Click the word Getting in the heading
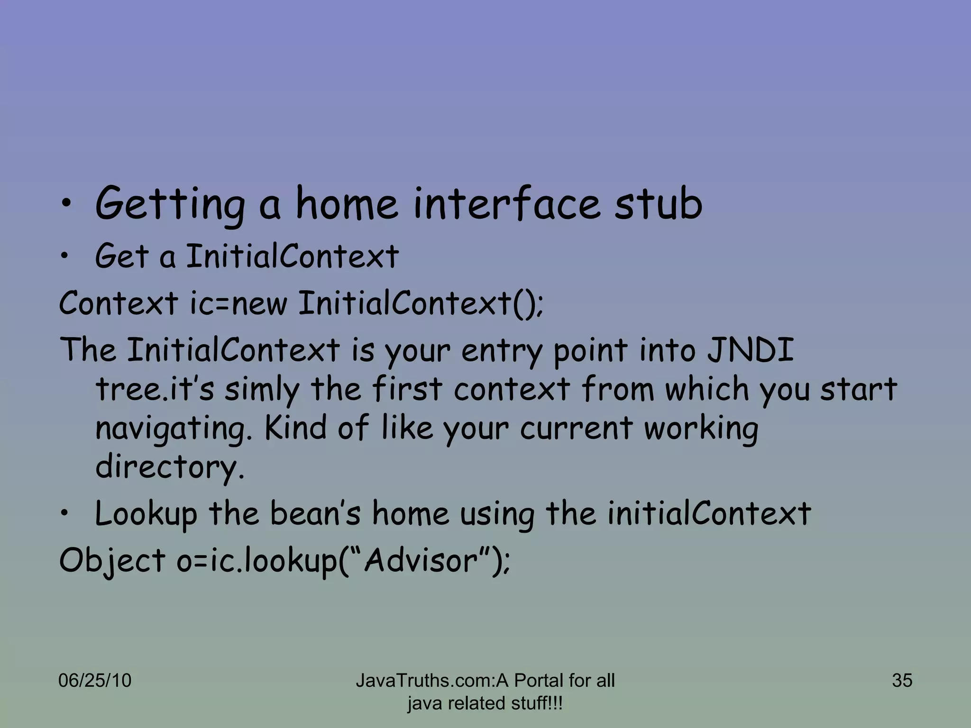pyautogui.click(x=170, y=205)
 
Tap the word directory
pyautogui.click(x=170, y=467)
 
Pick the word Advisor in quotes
pyautogui.click(x=421, y=560)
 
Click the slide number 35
pyautogui.click(x=902, y=681)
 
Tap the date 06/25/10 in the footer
pyautogui.click(x=94, y=681)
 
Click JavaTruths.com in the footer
pyautogui.click(x=425, y=681)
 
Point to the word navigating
pyautogui.click(x=174, y=428)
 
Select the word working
pyautogui.click(x=701, y=428)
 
